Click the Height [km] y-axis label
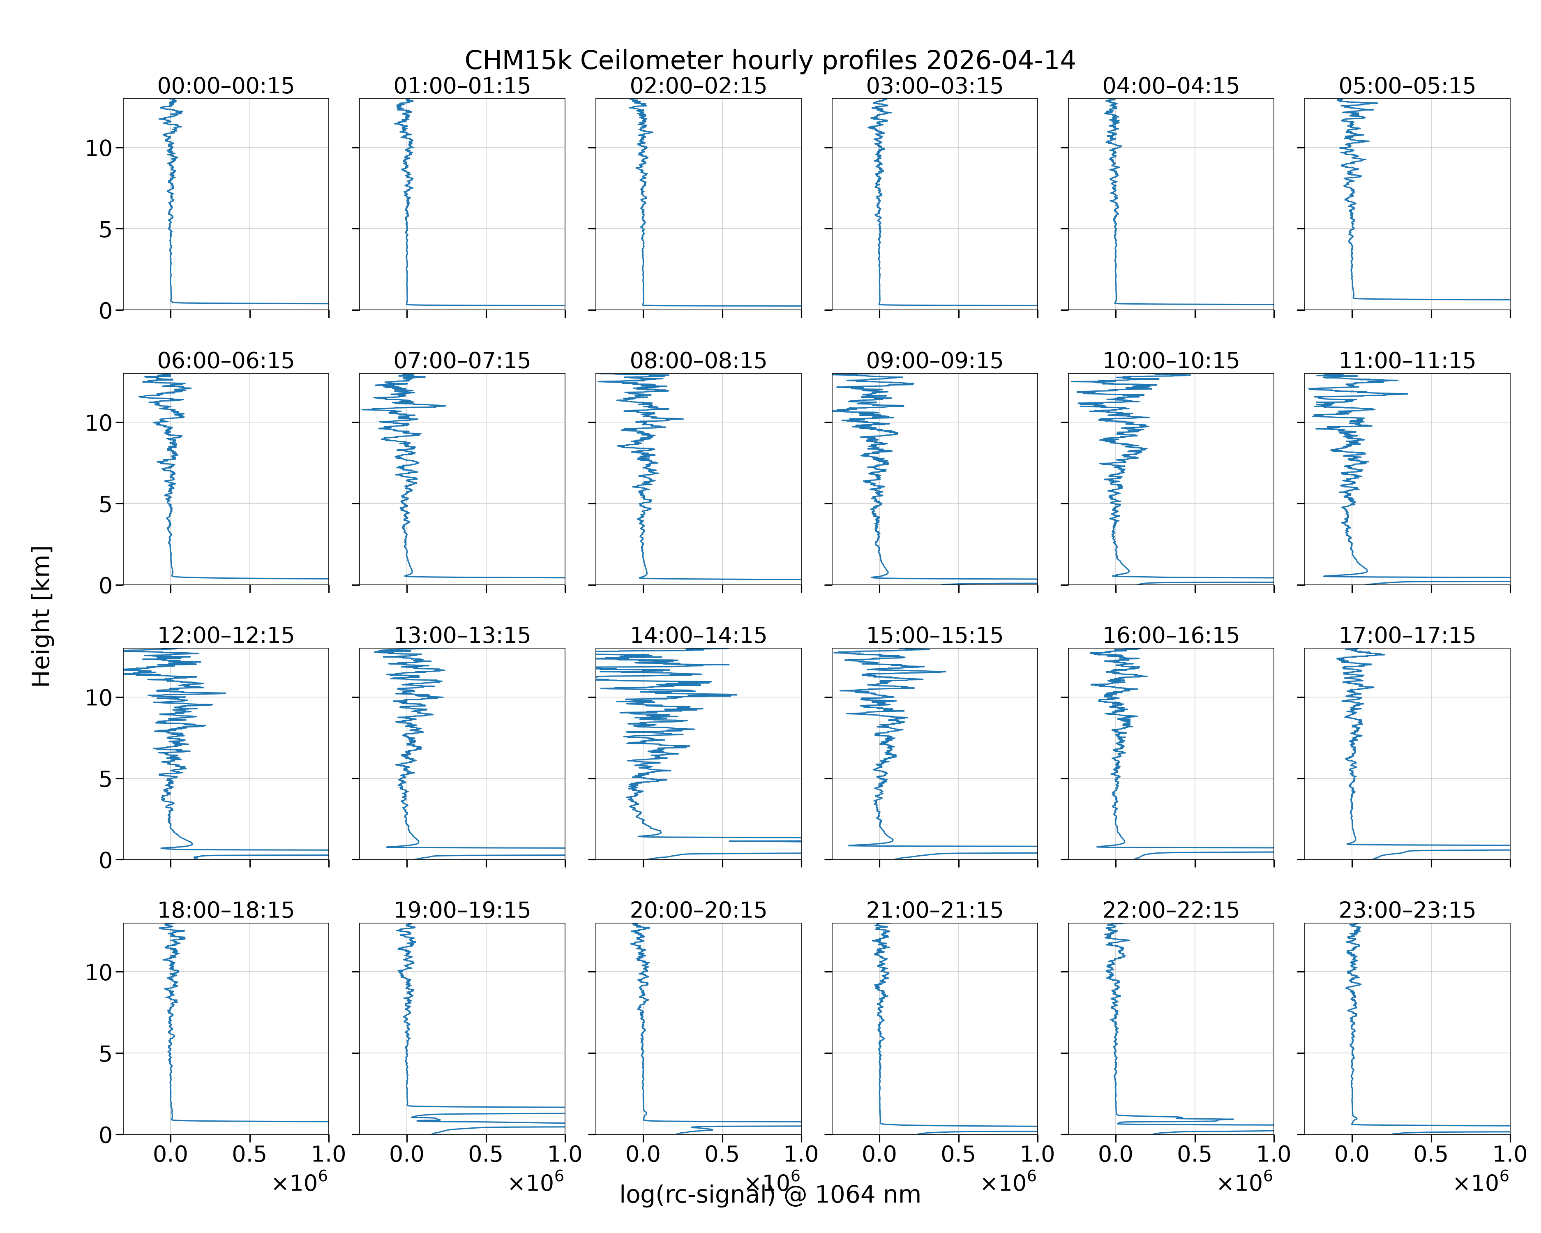(42, 616)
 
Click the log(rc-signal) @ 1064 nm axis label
(770, 1194)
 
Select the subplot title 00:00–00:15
(226, 86)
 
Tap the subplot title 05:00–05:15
(1407, 86)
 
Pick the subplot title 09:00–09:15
(934, 360)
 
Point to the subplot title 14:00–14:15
(698, 635)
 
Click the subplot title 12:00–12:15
(226, 635)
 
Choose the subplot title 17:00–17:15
(1407, 635)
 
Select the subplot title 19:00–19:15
(462, 910)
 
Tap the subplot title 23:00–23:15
(1407, 910)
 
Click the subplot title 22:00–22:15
(1171, 910)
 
